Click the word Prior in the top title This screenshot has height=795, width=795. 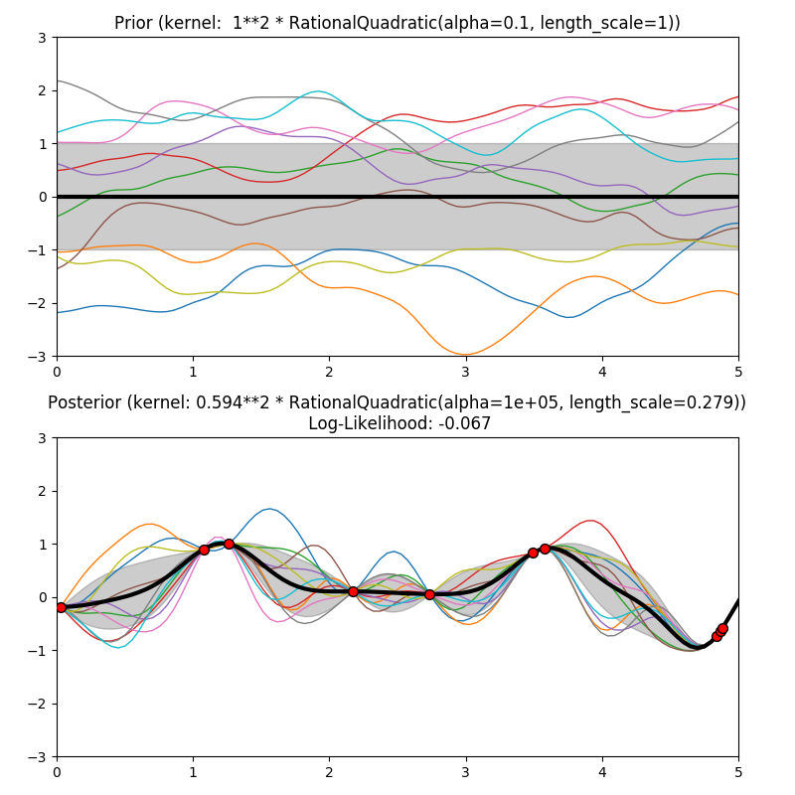coord(134,23)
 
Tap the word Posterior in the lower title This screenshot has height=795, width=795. coord(87,402)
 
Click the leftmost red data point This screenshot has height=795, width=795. coord(61,607)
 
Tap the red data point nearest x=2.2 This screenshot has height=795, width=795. coord(353,591)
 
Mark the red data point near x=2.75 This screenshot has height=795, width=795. coord(429,594)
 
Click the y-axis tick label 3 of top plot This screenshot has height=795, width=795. coord(43,38)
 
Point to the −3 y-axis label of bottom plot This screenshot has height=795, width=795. coord(39,756)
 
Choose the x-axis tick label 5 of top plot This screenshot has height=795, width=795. coord(737,370)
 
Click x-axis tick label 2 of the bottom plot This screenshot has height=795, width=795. coord(329,770)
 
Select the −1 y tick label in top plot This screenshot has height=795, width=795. coord(39,249)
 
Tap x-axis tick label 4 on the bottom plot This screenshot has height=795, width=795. coord(601,770)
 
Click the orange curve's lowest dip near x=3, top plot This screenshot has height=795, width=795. coord(465,354)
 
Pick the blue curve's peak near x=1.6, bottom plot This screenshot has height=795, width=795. coord(269,509)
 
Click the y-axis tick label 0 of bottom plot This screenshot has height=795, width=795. coord(43,597)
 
